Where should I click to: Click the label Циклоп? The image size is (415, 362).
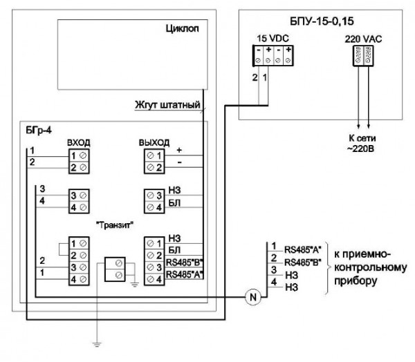click(183, 31)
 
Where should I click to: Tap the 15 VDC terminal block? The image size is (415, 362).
click(267, 56)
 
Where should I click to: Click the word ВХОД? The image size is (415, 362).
click(78, 142)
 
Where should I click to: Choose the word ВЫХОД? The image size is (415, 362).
click(154, 142)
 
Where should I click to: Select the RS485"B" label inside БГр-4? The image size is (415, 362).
click(183, 263)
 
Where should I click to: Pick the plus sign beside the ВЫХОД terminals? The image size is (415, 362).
click(178, 149)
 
